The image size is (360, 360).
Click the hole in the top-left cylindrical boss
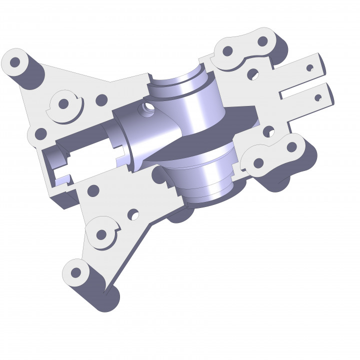(15, 62)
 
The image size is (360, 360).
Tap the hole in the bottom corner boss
(76, 272)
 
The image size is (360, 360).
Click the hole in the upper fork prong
(310, 66)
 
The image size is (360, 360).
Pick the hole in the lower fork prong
(318, 97)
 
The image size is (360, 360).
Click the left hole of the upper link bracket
(227, 51)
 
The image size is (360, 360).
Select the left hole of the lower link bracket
(258, 163)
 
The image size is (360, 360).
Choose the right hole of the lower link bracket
(290, 147)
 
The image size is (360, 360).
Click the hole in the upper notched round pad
(63, 104)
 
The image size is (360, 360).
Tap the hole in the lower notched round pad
(101, 234)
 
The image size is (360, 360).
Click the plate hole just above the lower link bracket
(269, 131)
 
